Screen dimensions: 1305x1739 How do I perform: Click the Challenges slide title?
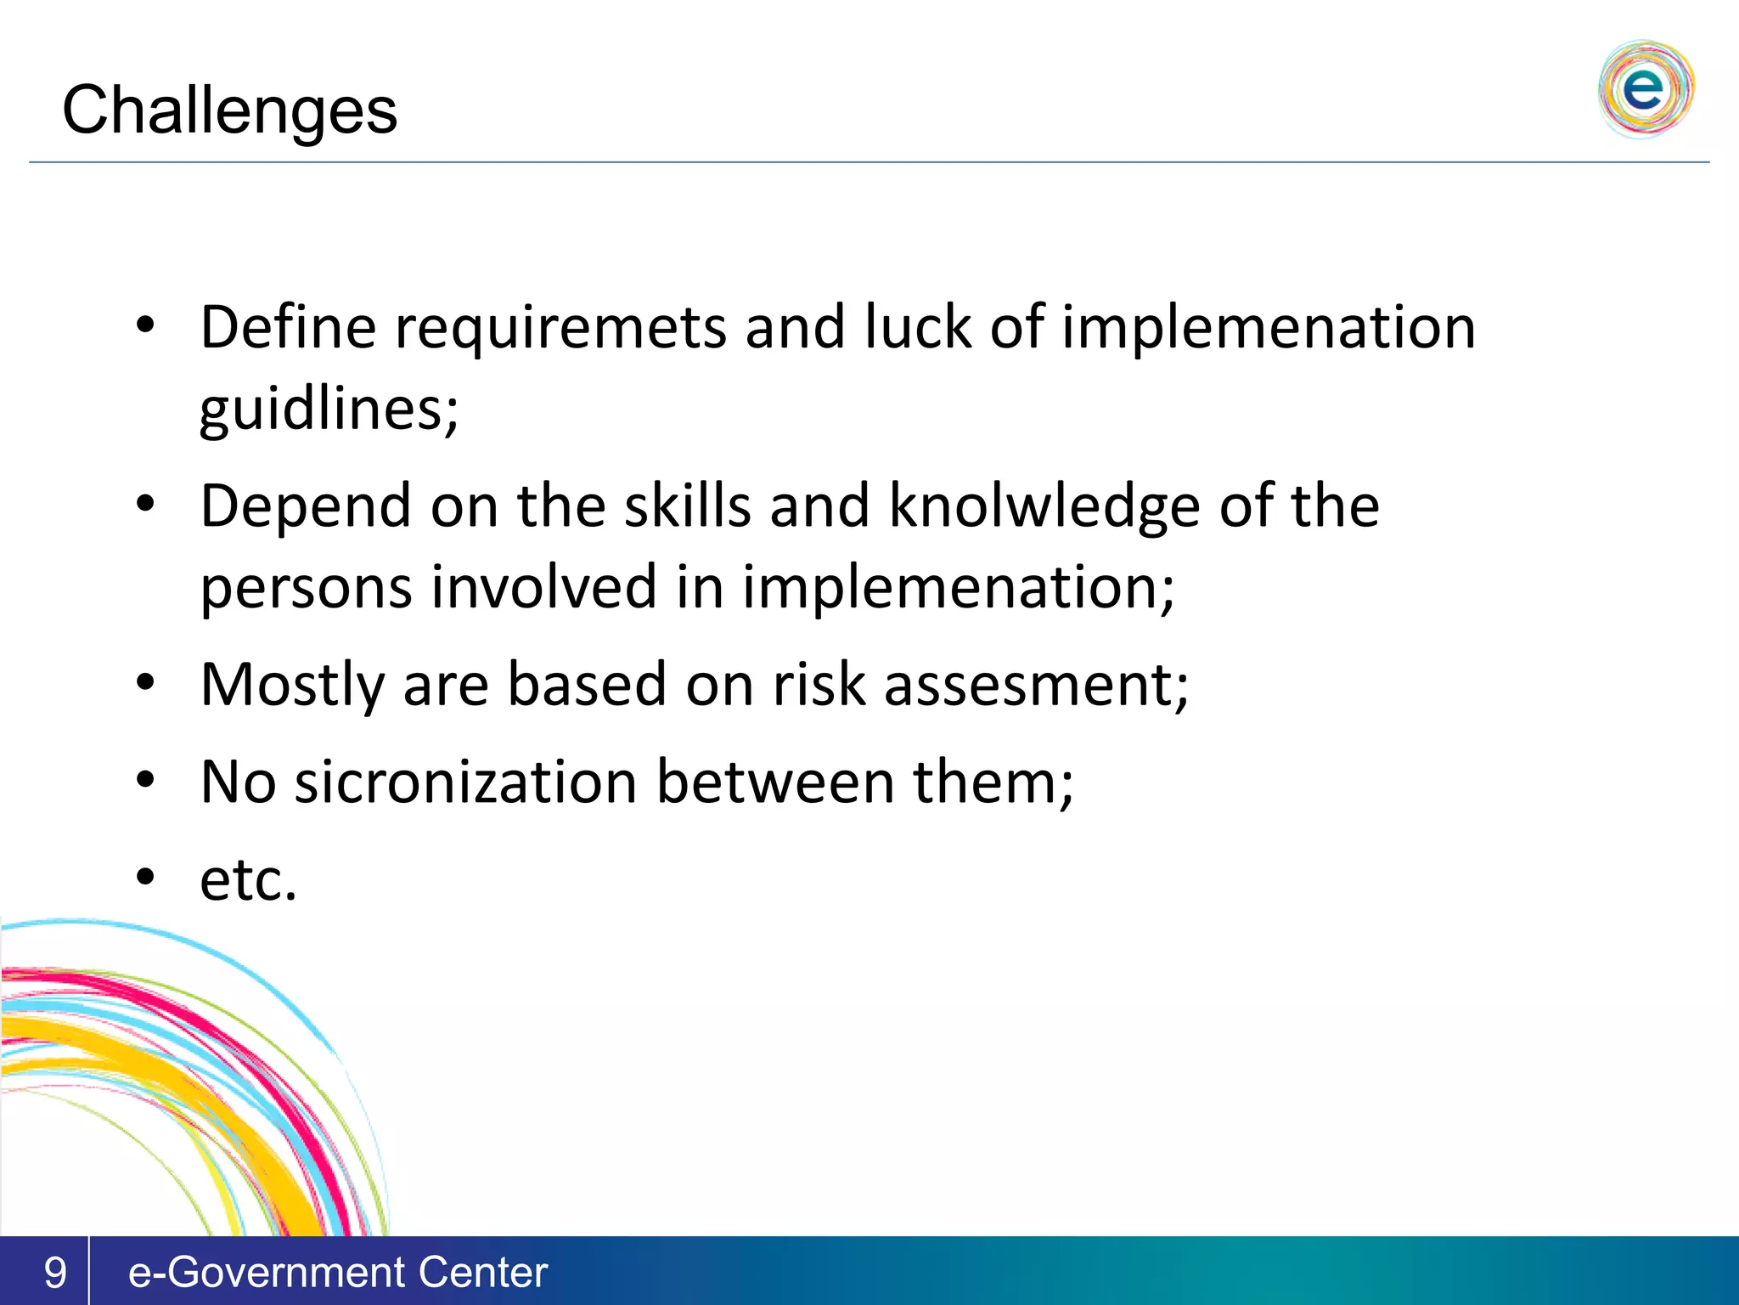229,110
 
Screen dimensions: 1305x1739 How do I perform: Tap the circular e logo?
1646,88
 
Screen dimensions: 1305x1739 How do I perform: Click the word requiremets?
561,328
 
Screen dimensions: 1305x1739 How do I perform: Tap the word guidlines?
329,410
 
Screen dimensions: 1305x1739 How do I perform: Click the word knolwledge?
1044,506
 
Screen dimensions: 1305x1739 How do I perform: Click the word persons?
307,588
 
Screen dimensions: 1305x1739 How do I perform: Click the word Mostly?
293,685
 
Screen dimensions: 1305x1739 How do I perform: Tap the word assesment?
1036,685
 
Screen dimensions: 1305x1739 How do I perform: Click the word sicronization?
465,782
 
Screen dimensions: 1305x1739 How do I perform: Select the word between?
775,782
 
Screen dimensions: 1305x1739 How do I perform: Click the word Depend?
306,507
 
